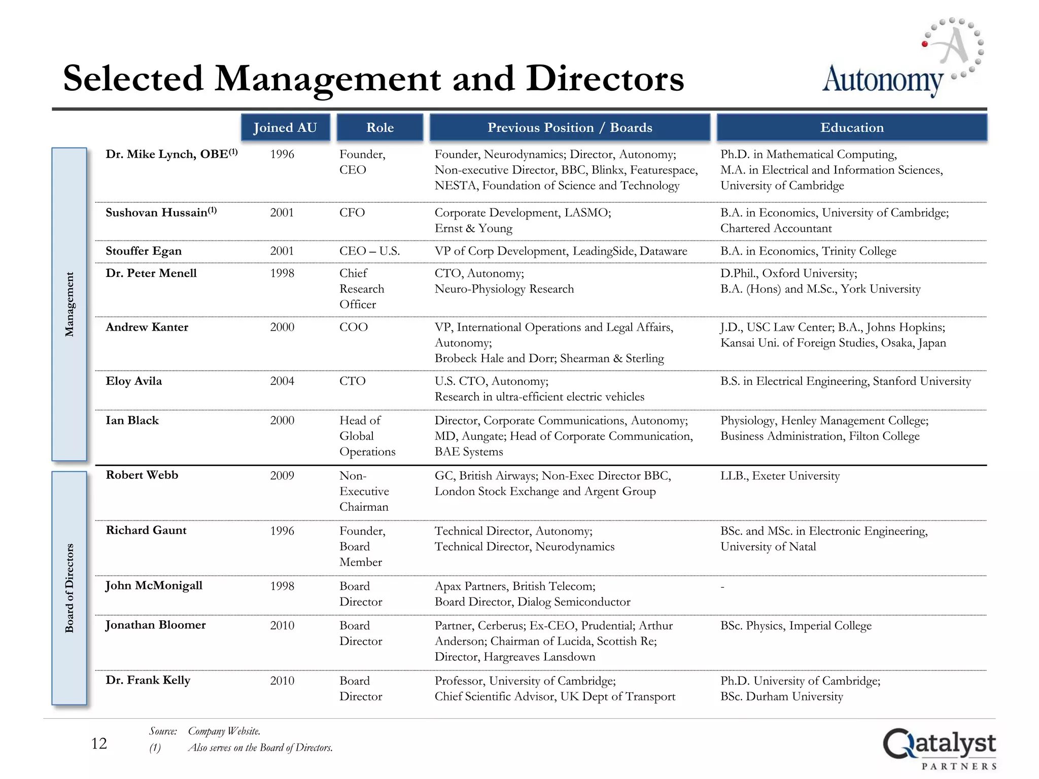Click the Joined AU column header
click(285, 127)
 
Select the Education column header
click(852, 127)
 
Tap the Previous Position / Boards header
click(570, 127)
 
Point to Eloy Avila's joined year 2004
click(282, 381)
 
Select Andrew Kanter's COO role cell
click(354, 327)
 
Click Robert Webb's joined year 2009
click(282, 476)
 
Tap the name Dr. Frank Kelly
click(148, 680)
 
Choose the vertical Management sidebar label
click(70, 304)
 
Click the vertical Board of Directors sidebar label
click(70, 588)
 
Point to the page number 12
click(99, 743)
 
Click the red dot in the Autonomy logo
click(925, 44)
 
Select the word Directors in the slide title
click(605, 79)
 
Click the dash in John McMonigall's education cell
click(722, 587)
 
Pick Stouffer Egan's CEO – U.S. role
click(369, 251)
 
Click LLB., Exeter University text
click(780, 476)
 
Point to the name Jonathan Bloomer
click(155, 625)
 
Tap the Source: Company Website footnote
click(205, 731)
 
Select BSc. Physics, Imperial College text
click(795, 626)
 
